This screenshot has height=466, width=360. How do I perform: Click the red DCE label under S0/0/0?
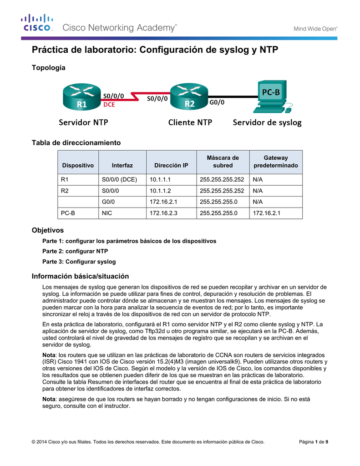[x=109, y=104]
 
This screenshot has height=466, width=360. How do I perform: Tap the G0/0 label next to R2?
[x=217, y=103]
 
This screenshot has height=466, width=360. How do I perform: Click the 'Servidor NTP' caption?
[x=84, y=122]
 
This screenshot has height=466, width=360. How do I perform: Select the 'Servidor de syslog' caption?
[x=267, y=122]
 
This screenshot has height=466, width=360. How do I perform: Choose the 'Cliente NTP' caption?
[x=190, y=122]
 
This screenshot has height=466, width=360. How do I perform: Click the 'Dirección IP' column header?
[x=171, y=165]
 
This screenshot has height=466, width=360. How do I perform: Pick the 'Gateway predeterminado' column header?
[x=276, y=162]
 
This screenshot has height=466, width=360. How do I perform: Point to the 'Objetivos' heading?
[x=47, y=230]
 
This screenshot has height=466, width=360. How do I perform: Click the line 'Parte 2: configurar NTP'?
[x=75, y=251]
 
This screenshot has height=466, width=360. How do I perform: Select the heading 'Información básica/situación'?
[x=80, y=276]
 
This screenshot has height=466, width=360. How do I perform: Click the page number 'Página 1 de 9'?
[x=314, y=442]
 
